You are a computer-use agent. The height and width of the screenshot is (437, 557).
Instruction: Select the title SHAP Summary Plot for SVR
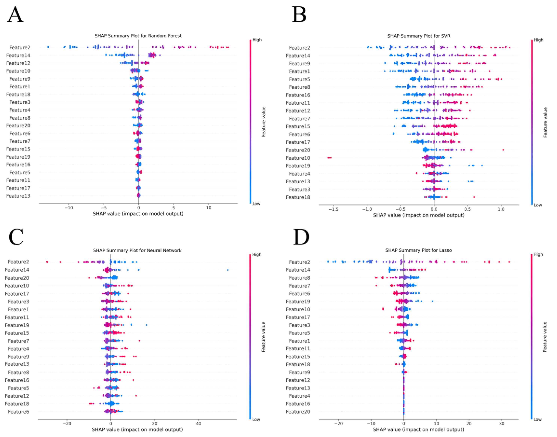click(419, 36)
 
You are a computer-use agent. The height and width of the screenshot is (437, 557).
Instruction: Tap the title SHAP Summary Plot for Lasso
click(418, 250)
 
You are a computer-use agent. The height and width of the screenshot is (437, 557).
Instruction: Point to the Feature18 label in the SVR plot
click(298, 197)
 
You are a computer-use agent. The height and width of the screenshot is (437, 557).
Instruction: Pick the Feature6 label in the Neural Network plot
click(18, 412)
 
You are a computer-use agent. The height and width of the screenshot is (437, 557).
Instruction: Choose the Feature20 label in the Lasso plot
click(298, 412)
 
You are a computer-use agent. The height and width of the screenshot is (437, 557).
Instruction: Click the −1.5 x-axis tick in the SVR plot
click(333, 209)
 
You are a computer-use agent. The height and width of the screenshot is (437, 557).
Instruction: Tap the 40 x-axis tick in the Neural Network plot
click(198, 423)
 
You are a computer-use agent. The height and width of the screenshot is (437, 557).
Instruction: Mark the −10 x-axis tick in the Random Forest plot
click(69, 208)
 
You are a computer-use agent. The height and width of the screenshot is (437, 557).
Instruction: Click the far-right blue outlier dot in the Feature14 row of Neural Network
click(228, 270)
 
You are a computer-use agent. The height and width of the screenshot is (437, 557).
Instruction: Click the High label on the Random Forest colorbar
click(257, 40)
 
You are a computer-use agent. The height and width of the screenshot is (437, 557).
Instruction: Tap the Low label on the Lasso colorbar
click(537, 419)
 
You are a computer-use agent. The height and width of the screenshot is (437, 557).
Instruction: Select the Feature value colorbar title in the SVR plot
click(545, 122)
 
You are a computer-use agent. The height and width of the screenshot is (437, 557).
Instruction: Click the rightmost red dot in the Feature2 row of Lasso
click(509, 262)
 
